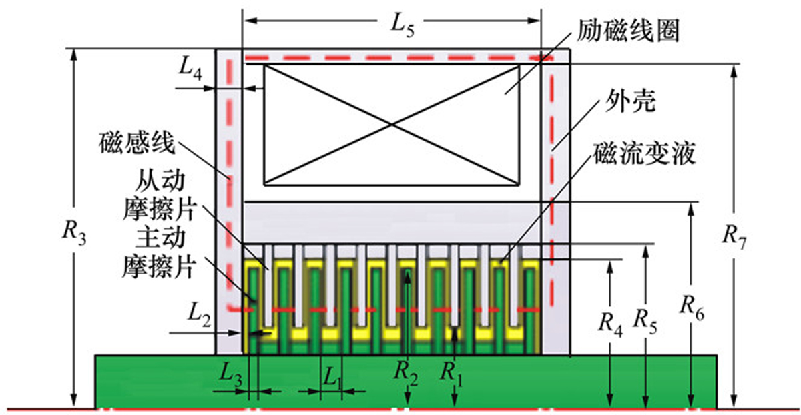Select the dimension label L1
332,377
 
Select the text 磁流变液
643,154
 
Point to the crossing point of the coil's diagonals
392,123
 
